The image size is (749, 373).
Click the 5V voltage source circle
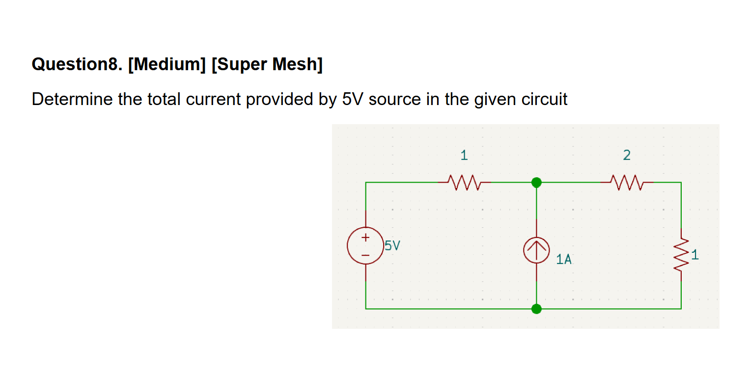(x=365, y=246)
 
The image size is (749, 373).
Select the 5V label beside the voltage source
(x=392, y=245)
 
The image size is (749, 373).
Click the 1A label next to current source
(x=564, y=259)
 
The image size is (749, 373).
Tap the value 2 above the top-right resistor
(x=626, y=156)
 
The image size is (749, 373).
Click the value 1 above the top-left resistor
(x=464, y=156)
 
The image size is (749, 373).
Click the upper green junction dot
(x=536, y=183)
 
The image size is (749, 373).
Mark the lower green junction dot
(x=536, y=309)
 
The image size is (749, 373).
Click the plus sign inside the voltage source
(x=365, y=238)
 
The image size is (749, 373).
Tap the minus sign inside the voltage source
(x=365, y=254)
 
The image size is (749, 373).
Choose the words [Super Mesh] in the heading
(x=267, y=64)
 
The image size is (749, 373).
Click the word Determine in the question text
(x=72, y=99)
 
